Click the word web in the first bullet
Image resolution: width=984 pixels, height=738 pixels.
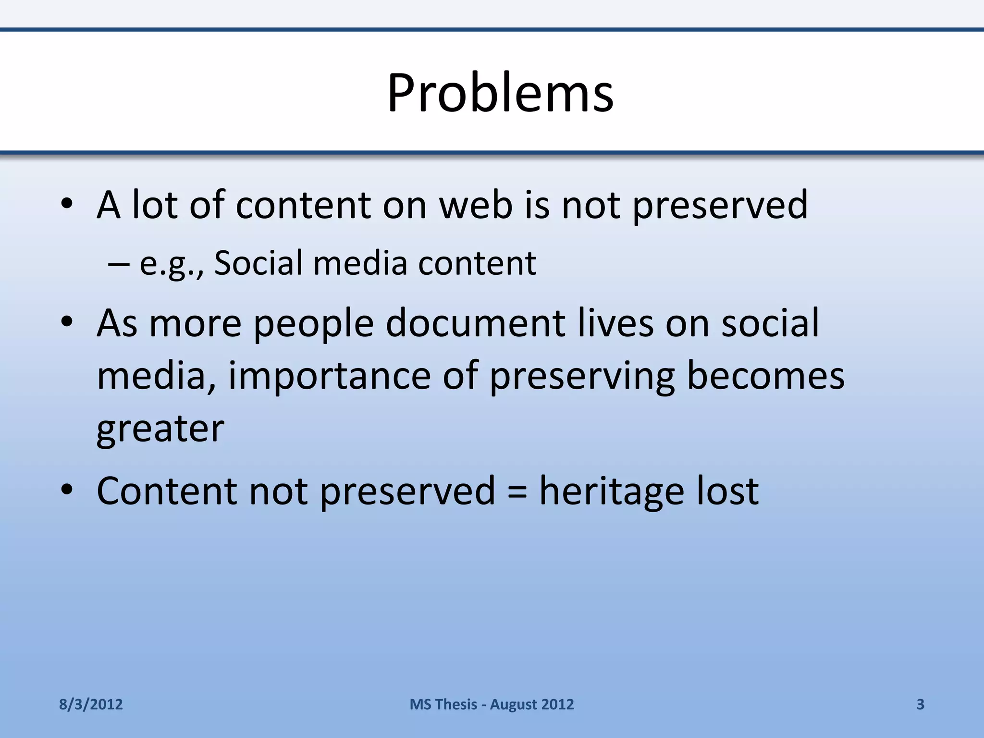tap(476, 205)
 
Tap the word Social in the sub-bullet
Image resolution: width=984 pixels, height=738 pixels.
tap(258, 263)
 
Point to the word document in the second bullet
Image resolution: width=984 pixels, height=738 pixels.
tap(476, 323)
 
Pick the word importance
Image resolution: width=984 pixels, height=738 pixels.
tap(329, 376)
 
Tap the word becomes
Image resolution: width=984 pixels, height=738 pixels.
tap(765, 376)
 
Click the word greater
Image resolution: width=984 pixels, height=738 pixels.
tap(160, 429)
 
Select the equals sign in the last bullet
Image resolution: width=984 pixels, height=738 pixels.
tap(517, 491)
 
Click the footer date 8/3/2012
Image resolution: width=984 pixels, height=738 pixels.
tap(91, 704)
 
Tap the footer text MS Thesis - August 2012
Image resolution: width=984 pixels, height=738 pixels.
tap(492, 704)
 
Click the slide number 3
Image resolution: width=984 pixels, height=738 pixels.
tap(920, 704)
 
